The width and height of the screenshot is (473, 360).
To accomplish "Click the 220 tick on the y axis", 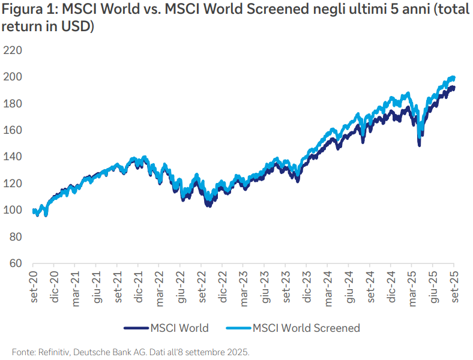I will [x=12, y=50].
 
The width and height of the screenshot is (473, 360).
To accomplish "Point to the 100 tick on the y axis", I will [x=12, y=211].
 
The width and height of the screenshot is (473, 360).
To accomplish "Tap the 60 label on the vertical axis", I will [x=15, y=263].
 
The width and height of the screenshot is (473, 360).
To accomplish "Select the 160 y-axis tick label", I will [x=12, y=130].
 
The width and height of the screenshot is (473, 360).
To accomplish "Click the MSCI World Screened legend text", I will [x=306, y=328].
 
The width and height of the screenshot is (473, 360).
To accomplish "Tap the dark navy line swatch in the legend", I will [x=136, y=328].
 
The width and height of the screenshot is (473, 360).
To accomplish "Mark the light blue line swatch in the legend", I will [x=238, y=328].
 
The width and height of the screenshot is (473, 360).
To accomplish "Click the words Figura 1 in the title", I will [x=28, y=10].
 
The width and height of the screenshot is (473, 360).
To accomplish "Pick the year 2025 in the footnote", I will [x=237, y=351].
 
